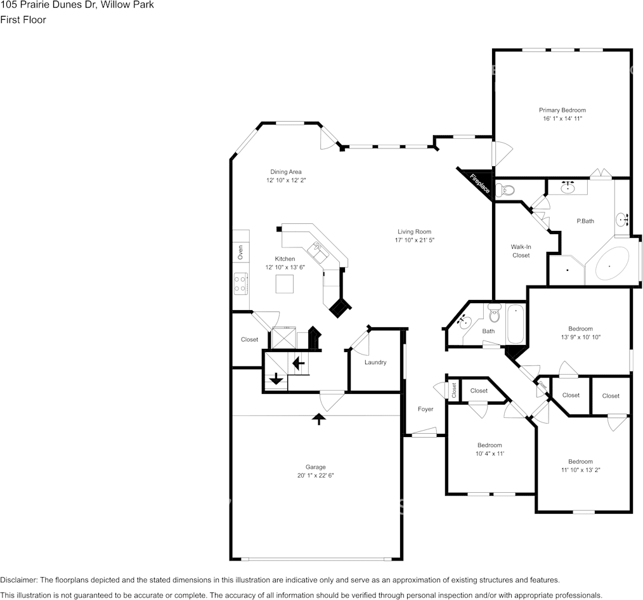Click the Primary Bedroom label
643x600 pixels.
pos(562,110)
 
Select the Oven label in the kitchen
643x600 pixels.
pos(240,252)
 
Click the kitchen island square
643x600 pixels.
pos(285,285)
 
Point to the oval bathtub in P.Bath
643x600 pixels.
pos(610,265)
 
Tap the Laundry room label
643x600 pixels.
pos(375,363)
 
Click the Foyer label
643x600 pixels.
pos(425,409)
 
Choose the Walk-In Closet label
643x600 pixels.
pos(521,251)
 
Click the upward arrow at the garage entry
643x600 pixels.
pos(319,418)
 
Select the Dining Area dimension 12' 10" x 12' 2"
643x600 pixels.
pos(286,181)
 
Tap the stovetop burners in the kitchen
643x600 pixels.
pos(240,283)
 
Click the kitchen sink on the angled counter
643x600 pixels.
pos(318,252)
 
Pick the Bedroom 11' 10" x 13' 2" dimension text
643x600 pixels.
pos(580,470)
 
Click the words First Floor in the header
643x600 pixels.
pos(23,20)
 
